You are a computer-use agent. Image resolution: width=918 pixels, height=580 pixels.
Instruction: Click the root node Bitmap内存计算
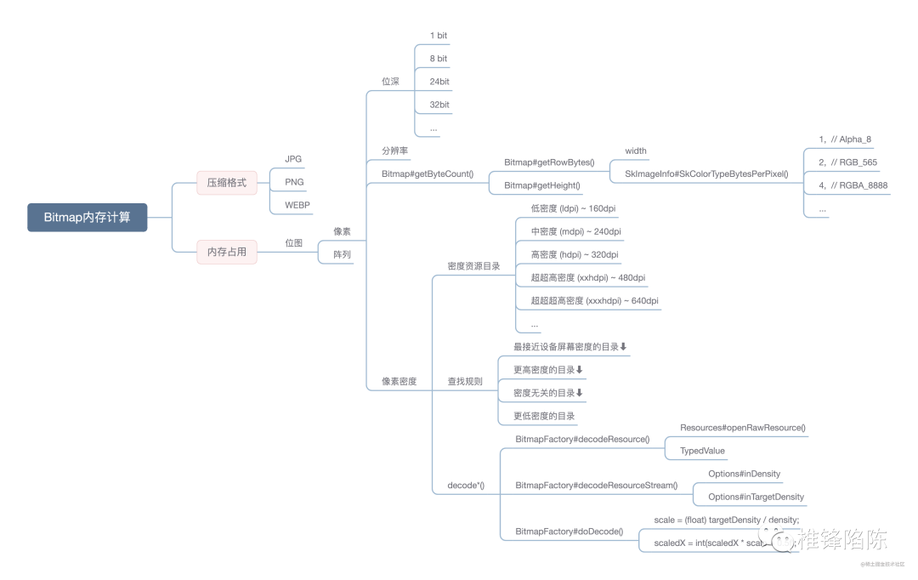click(x=87, y=217)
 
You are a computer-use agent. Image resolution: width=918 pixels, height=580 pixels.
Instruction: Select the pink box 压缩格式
click(x=227, y=182)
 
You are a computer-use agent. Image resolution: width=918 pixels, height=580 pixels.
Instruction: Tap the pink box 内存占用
click(x=227, y=252)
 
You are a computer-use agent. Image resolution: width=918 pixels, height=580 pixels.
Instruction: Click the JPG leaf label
click(x=293, y=159)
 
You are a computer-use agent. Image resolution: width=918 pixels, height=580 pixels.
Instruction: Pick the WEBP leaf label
click(x=297, y=205)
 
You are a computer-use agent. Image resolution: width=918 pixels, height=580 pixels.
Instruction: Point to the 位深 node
click(x=390, y=82)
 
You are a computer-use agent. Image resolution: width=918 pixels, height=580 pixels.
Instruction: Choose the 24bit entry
click(x=439, y=82)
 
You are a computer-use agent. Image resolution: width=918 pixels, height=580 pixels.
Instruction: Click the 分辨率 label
click(x=394, y=151)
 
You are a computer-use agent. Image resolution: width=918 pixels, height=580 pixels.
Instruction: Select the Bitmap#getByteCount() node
click(x=428, y=174)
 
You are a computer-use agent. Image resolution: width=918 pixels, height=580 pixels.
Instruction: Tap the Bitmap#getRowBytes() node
click(x=549, y=162)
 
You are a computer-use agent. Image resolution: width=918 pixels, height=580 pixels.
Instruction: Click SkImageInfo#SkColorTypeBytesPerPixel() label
click(x=706, y=174)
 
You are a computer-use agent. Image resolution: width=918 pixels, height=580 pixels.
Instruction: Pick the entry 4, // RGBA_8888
click(x=851, y=185)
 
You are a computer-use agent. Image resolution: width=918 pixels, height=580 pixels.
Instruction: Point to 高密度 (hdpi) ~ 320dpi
click(x=574, y=254)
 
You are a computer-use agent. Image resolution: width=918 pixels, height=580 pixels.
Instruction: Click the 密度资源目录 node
click(x=473, y=266)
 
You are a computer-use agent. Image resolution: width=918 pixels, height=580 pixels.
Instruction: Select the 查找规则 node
click(x=465, y=381)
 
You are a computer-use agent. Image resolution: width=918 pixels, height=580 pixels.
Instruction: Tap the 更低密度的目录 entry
click(x=544, y=416)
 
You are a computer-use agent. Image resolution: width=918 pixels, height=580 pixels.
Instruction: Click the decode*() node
click(x=466, y=486)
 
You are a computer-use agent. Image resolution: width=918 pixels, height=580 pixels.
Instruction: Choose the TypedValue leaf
click(x=702, y=451)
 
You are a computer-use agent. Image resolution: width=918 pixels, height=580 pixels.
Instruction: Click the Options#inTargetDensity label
click(x=756, y=497)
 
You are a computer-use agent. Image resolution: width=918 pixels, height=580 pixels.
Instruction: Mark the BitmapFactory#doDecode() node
click(x=569, y=532)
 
